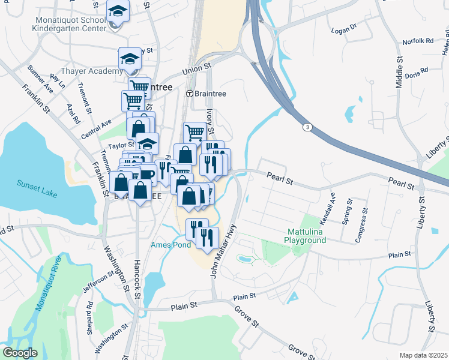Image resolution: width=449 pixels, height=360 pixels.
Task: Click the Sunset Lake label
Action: (x=35, y=184)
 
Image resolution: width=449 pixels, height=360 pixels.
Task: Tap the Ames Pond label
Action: (x=171, y=245)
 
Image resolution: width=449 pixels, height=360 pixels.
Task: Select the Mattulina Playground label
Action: (x=305, y=236)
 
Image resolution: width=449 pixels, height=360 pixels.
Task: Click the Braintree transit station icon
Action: (x=190, y=94)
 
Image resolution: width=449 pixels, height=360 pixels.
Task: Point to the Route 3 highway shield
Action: (x=307, y=127)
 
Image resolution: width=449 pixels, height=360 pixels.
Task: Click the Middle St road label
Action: (x=400, y=73)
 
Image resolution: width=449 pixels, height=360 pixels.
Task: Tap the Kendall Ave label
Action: (x=331, y=204)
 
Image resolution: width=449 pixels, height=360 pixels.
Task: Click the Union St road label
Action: (x=198, y=70)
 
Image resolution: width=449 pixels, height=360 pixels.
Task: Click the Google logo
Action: (x=19, y=353)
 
